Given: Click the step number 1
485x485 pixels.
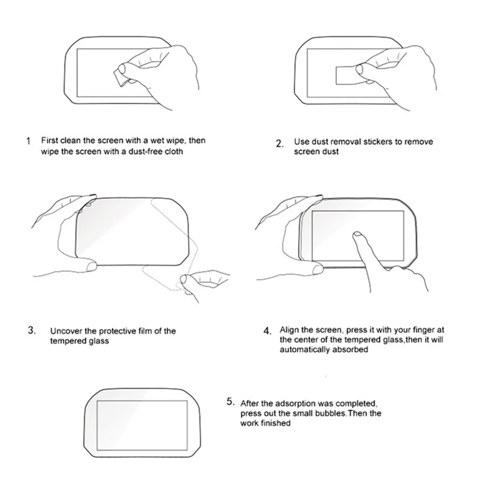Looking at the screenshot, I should click(x=28, y=141).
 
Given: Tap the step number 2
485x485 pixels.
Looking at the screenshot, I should click(x=279, y=144).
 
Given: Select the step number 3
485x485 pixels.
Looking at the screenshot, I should click(x=31, y=330).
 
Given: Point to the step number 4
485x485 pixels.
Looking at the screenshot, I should click(x=267, y=331).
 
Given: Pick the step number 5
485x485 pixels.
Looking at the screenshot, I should click(x=230, y=401).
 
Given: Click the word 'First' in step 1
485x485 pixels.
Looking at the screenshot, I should click(x=50, y=140).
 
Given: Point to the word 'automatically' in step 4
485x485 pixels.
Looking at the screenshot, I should click(x=304, y=350).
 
